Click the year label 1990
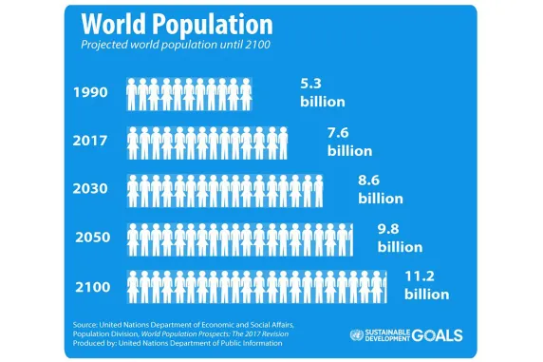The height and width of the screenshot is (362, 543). pos(91,93)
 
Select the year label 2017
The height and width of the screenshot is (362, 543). pos(91,141)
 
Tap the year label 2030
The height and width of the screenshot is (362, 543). pos(91,188)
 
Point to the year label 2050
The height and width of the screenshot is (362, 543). pos(91,237)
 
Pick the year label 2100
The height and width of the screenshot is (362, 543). pos(91,286)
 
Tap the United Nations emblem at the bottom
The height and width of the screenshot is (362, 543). pos(359,335)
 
